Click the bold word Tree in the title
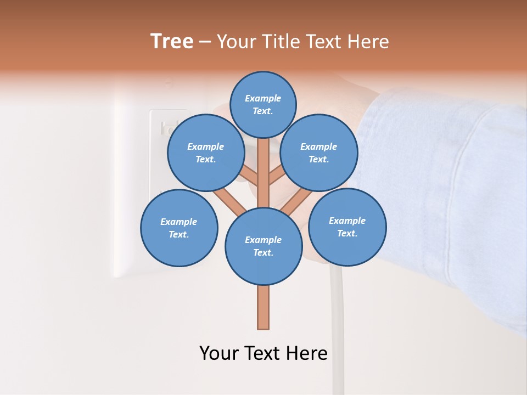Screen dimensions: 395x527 tap(172, 42)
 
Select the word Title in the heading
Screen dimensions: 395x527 tap(282, 42)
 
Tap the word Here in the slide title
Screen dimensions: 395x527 tap(368, 42)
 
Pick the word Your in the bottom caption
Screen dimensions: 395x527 tap(219, 353)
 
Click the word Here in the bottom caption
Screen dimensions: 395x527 tap(307, 353)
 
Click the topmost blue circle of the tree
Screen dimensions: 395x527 tap(263, 104)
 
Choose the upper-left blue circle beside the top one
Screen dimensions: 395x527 tap(206, 153)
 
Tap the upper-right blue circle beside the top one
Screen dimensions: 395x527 tap(319, 153)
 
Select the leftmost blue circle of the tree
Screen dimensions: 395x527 tap(179, 228)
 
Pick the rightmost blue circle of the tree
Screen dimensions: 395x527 tap(347, 227)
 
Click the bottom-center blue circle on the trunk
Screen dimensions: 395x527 tap(263, 246)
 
